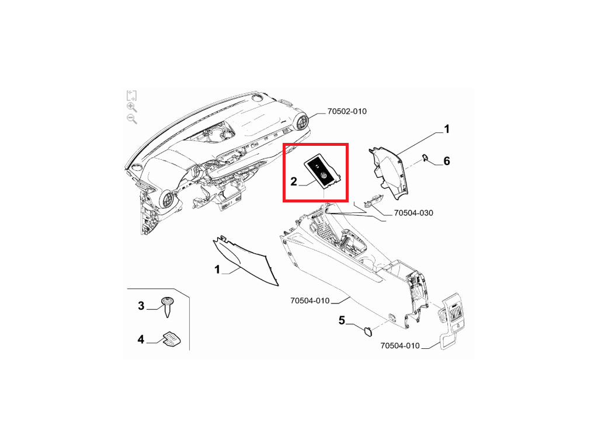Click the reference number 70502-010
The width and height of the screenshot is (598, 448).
pos(347,111)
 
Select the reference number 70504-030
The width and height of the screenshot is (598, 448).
pos(413,213)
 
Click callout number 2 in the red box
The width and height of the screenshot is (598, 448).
pos(293,181)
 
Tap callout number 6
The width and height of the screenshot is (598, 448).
pos(447,161)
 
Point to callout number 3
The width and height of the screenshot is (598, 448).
pos(141,306)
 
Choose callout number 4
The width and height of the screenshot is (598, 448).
pos(141,339)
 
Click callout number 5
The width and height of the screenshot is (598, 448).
pos(342,320)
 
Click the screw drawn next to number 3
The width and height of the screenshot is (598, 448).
pos(168,306)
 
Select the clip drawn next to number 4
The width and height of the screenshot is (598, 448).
pos(172,339)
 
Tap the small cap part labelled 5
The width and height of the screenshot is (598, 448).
pos(368,331)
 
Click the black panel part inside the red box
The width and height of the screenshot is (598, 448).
pos(322,171)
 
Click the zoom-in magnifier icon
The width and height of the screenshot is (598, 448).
pos(132,107)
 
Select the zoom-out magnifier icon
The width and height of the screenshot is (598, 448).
pos(132,119)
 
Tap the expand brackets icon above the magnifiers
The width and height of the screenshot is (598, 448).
pos(131,95)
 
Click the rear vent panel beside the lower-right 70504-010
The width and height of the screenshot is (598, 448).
pos(453,321)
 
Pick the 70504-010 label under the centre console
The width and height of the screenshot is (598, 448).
pos(310,300)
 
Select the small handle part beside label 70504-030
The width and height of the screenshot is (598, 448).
pos(373,201)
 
